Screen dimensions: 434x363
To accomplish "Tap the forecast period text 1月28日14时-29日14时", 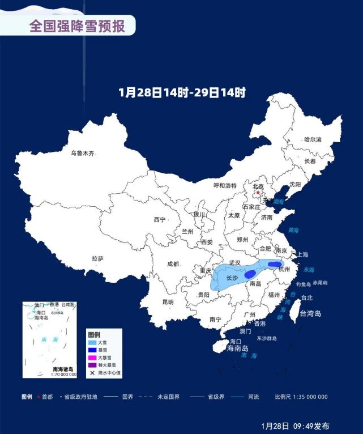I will (182, 93).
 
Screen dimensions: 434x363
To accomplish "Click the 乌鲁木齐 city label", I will (82, 153).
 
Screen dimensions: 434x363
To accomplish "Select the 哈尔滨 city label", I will (312, 139).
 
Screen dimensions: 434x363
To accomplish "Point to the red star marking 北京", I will (258, 193).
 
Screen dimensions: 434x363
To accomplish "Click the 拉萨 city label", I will (97, 258).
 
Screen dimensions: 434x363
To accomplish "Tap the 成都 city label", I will (173, 264).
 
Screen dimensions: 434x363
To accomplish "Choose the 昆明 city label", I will (168, 302).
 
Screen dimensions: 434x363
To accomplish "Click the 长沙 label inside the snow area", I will (232, 278).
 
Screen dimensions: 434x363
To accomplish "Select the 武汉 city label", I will (235, 263).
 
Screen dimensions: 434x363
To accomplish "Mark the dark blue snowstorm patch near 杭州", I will (275, 265).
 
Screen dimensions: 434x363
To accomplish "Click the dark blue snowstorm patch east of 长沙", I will (250, 274).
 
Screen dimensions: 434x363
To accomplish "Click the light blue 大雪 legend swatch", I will (92, 342).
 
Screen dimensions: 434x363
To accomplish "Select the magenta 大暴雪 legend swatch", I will (92, 358).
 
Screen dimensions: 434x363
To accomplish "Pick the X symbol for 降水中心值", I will (92, 373).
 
